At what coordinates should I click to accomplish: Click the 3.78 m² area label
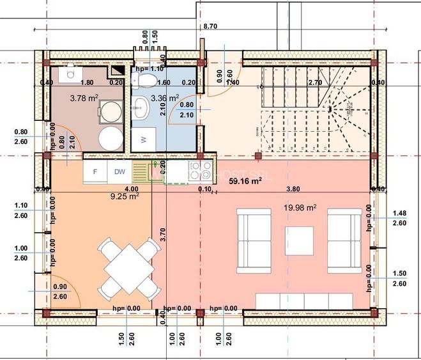84,98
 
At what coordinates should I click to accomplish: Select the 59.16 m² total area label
245,181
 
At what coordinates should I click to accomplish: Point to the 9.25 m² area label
125,197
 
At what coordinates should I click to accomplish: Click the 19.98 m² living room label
300,207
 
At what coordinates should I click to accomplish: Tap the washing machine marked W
143,138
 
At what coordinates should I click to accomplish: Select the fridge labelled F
95,171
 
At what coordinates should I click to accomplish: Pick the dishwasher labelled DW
119,171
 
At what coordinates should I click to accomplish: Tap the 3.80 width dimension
293,189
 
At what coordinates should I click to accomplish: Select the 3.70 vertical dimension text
164,234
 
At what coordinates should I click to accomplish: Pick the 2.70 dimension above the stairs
314,82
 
